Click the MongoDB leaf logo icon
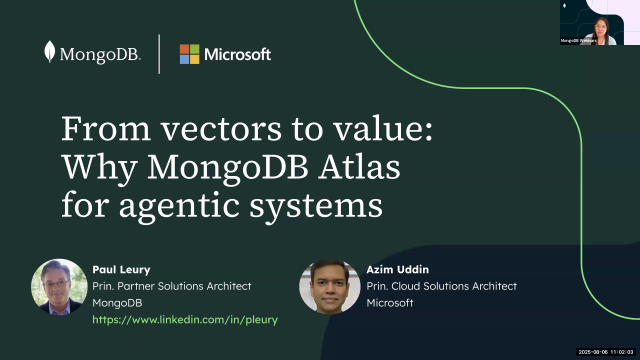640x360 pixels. click(50, 54)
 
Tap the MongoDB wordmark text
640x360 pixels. click(100, 55)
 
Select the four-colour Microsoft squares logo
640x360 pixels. click(189, 54)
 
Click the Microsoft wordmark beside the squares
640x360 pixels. click(238, 54)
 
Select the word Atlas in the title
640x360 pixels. click(373, 169)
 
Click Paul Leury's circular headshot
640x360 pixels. click(59, 288)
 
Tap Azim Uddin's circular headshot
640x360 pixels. click(329, 288)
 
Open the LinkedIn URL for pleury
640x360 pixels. click(185, 319)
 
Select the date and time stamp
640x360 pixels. click(608, 352)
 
